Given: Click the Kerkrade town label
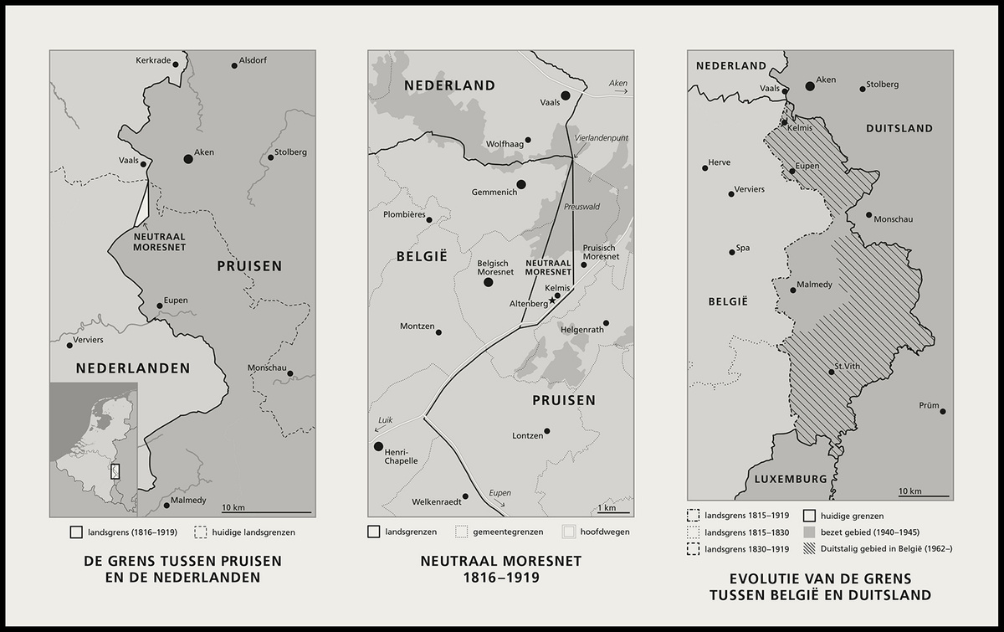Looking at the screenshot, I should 153,61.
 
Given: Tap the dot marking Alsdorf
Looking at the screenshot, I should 234,65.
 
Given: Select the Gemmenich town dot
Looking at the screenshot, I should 521,184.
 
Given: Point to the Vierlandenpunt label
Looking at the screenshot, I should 601,138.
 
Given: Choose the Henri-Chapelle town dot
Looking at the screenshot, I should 378,446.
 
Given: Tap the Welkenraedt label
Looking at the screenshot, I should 435,502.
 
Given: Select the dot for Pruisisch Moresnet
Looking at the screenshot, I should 584,265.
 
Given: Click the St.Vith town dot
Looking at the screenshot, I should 831,372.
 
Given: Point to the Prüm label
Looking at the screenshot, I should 929,405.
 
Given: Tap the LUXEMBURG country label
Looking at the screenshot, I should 791,479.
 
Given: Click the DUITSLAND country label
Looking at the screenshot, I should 899,128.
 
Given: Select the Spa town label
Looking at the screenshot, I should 742,248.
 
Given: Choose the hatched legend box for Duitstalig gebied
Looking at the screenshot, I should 809,547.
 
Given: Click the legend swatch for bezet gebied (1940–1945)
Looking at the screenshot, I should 809,532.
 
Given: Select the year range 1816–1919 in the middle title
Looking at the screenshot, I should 499,577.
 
